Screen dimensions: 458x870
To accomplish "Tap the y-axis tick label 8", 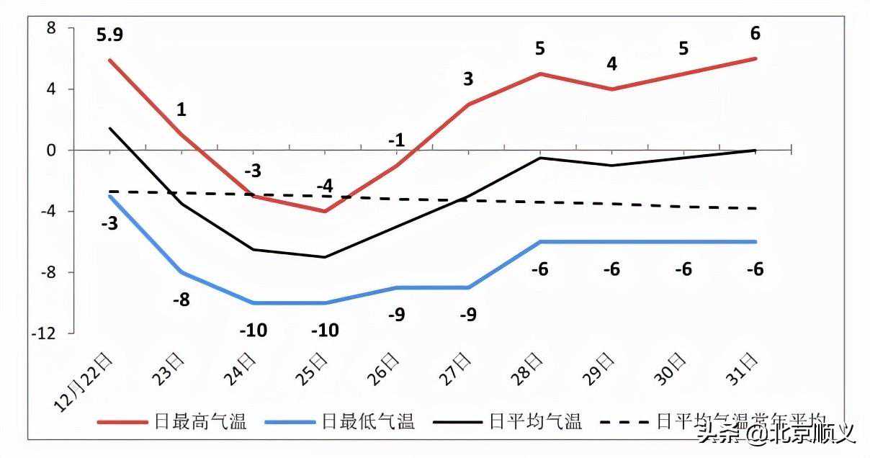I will point(51,28).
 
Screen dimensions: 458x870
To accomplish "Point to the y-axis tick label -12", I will point(47,333).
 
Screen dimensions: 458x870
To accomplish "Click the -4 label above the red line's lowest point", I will point(325,186).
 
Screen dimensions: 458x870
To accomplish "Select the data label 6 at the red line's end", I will point(755,34).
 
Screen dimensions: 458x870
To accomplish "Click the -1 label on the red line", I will point(396,141).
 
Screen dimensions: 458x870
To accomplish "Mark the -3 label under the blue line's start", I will point(109,223).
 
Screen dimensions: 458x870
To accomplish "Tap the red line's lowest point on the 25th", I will point(325,211).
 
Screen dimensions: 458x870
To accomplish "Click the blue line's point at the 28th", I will point(540,242).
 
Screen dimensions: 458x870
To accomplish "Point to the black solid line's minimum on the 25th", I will point(325,257).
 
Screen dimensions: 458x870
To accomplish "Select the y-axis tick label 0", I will point(52,151).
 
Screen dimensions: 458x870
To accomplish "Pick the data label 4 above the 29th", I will point(611,64).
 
